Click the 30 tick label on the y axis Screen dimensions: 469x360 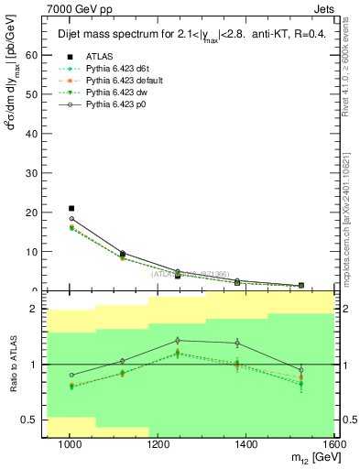(x=34, y=172)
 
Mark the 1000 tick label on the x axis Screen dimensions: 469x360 (x=70, y=444)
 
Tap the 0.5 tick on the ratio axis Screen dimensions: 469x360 (x=32, y=420)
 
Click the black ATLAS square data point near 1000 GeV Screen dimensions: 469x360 (x=71, y=208)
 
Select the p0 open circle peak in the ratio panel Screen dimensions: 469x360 (x=179, y=340)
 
